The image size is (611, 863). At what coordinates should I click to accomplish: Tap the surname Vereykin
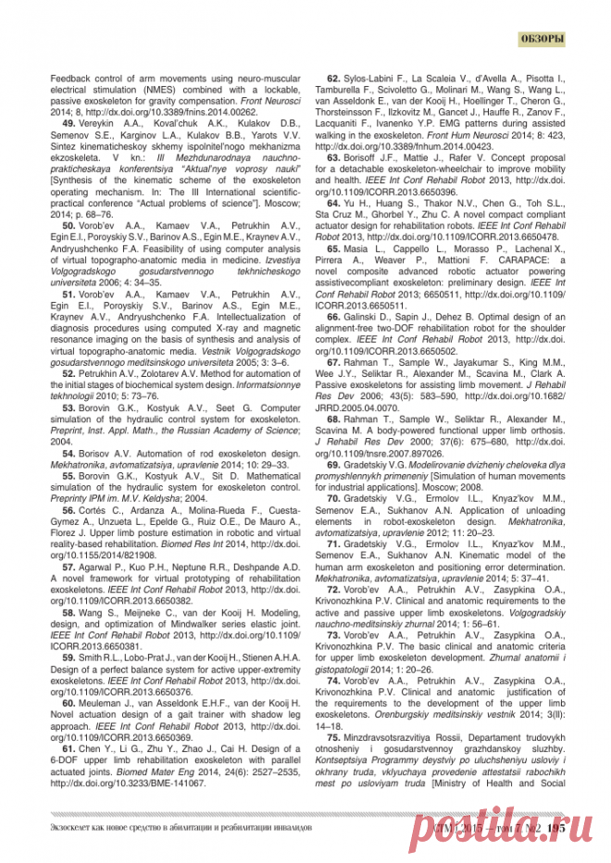pyautogui.click(x=100, y=123)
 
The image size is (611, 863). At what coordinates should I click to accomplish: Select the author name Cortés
pyautogui.click(x=96, y=509)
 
